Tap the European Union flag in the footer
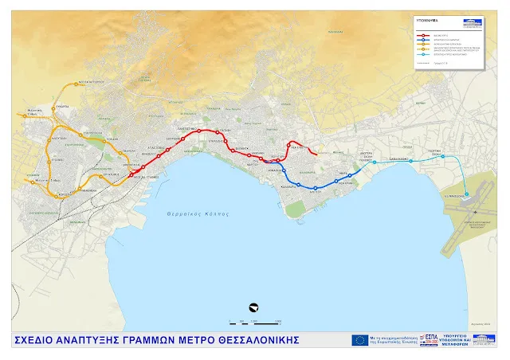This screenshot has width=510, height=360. click(359, 340)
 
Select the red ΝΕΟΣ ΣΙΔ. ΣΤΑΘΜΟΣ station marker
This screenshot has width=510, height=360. click(131, 174)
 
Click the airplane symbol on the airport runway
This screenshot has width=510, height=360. click(468, 196)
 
